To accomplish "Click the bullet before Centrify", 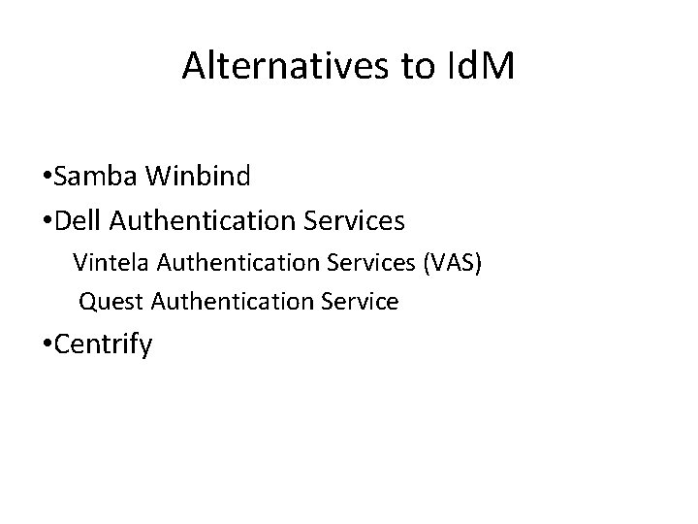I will [x=48, y=345].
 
